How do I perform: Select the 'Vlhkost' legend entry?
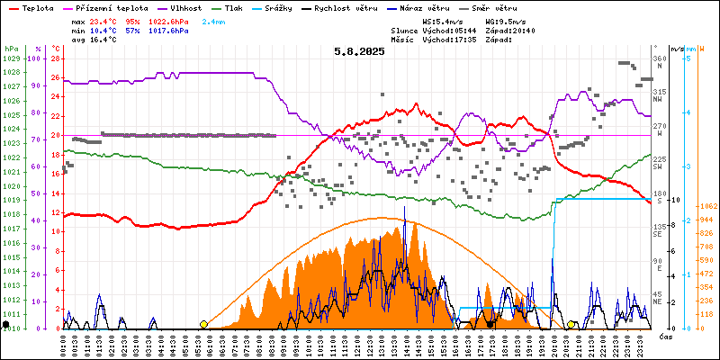tap(185, 6)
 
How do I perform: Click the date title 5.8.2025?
tap(359, 51)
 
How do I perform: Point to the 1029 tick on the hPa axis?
tap(11, 58)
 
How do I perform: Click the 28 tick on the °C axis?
tap(55, 58)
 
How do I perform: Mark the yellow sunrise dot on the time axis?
tap(203, 324)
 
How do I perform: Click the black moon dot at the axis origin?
tap(6, 324)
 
